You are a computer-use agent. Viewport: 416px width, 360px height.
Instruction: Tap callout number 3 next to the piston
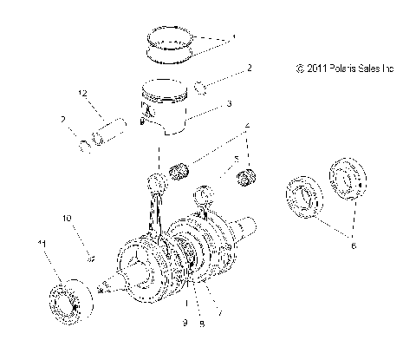tap(229, 103)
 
